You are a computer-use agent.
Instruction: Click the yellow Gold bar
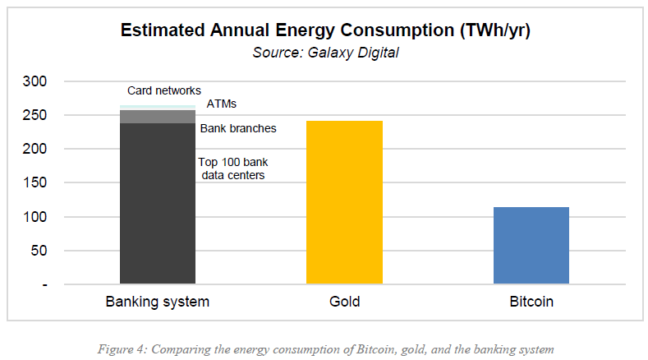[x=344, y=202]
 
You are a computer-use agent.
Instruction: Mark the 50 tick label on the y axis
[x=40, y=251]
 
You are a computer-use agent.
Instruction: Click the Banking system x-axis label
[x=158, y=302]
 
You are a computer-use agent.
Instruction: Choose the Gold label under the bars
[x=344, y=302]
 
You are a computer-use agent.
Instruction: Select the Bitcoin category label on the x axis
[x=531, y=302]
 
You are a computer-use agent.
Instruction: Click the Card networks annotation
[x=164, y=90]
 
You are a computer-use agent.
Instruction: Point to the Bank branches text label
[x=238, y=128]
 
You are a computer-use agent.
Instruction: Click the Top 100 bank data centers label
[x=232, y=168]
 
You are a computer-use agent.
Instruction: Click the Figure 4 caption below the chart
[x=324, y=348]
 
